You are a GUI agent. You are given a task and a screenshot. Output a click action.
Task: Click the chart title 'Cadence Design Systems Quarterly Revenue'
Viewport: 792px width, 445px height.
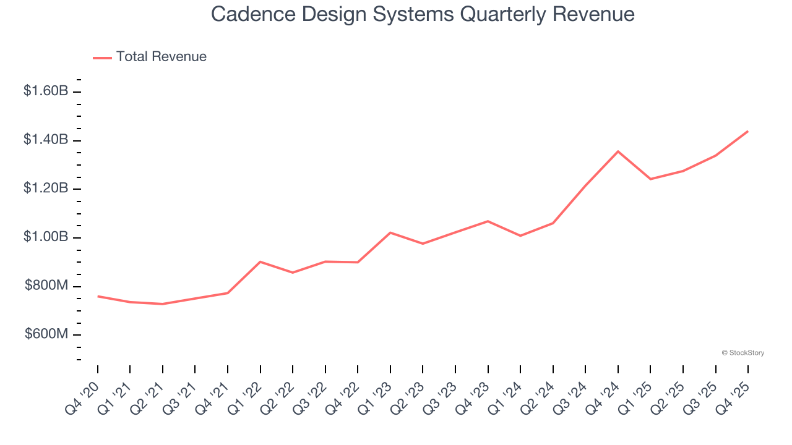click(x=423, y=14)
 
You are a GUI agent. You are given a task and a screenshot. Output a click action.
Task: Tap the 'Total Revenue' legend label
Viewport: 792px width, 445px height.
click(x=161, y=57)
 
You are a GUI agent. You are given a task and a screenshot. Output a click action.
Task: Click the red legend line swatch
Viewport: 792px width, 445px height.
click(x=102, y=57)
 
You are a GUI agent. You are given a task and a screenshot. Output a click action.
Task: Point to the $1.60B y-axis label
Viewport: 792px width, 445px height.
click(x=46, y=91)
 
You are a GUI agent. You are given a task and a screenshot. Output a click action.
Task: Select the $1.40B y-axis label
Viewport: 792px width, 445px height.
click(x=46, y=140)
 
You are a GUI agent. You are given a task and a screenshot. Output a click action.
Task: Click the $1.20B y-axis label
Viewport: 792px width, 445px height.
click(x=46, y=189)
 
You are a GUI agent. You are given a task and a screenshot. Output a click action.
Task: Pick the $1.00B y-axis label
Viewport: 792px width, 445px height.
click(x=46, y=237)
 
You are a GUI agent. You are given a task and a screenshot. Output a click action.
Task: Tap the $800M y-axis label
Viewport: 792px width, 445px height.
click(x=47, y=286)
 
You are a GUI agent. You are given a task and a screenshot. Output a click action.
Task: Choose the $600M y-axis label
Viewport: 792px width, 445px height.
click(x=47, y=334)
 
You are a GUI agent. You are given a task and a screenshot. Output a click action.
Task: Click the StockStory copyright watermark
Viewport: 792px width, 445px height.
click(x=742, y=353)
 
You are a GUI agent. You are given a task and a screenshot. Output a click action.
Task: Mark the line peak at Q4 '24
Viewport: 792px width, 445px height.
click(x=618, y=151)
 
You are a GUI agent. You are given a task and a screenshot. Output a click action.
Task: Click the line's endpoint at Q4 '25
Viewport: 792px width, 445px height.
click(x=748, y=131)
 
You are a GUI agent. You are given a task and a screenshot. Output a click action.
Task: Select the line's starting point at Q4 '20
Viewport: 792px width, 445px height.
click(x=98, y=296)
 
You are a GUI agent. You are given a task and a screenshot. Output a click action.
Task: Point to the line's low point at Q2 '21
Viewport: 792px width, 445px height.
click(x=163, y=304)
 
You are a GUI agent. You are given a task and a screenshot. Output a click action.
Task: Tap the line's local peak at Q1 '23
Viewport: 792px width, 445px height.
click(x=390, y=232)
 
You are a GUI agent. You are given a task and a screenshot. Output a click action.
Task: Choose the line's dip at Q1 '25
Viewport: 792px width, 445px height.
click(x=650, y=179)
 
